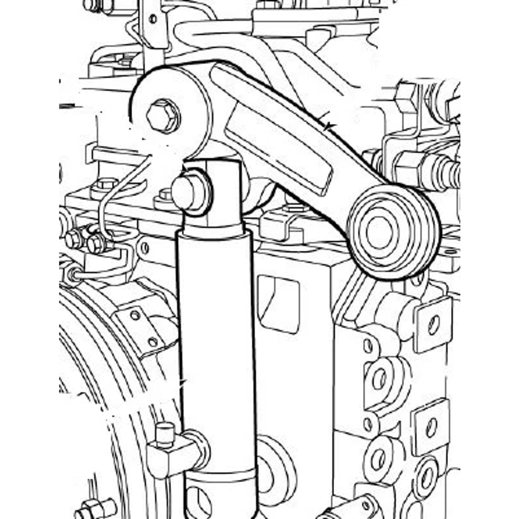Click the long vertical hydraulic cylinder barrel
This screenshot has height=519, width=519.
click(x=217, y=342)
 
